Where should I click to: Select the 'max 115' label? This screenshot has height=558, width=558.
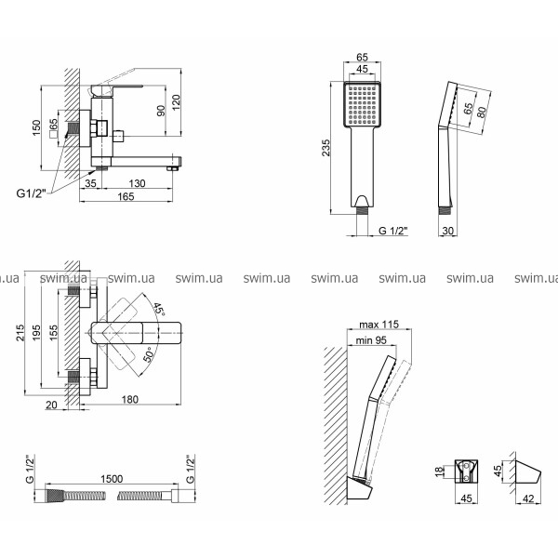[377, 324]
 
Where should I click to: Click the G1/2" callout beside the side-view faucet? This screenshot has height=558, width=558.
[31, 193]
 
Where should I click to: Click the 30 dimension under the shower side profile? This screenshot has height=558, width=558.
[449, 231]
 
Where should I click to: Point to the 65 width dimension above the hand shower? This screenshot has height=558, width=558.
[364, 57]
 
